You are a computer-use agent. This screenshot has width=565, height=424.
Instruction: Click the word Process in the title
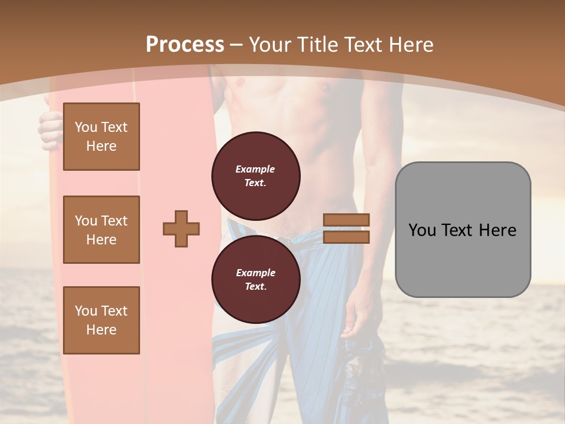click(x=185, y=45)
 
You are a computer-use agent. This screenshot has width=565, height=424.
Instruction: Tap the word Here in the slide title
click(x=408, y=45)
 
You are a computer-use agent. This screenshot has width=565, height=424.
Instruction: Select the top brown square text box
click(x=101, y=137)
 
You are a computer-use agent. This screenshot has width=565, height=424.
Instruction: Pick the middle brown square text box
click(x=101, y=230)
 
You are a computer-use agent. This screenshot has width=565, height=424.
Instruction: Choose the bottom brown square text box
click(x=101, y=320)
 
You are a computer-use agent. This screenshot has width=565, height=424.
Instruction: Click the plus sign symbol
click(x=181, y=228)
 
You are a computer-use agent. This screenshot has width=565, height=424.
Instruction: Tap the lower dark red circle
click(x=256, y=279)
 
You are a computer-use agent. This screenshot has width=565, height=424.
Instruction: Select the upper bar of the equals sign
click(x=347, y=220)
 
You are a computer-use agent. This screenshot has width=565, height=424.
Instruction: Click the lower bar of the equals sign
click(x=347, y=237)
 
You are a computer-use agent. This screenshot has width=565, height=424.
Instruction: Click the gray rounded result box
click(x=463, y=230)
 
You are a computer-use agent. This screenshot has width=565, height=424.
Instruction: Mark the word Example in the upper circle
click(x=255, y=169)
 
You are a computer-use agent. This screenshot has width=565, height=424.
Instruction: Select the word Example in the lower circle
click(x=255, y=273)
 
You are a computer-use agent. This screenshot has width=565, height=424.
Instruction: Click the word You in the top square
click(x=86, y=127)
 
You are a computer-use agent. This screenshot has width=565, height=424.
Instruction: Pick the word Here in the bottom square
click(x=101, y=330)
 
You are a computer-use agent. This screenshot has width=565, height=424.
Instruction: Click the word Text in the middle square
click(x=114, y=221)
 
